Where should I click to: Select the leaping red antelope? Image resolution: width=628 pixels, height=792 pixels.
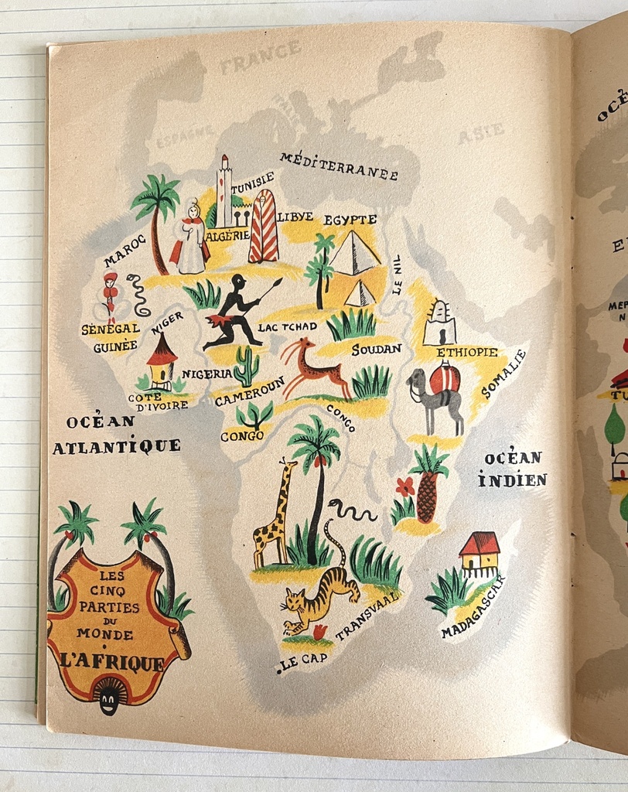click(x=313, y=368)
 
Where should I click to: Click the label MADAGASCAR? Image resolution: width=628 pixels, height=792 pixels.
click(x=473, y=608)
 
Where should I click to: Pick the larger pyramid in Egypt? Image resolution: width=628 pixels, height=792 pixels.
click(x=353, y=254)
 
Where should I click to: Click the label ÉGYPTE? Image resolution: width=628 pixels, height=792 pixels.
click(x=350, y=220)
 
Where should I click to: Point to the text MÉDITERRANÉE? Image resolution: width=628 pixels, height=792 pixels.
click(x=339, y=166)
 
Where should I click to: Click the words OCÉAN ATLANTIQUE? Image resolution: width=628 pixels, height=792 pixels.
click(x=116, y=435)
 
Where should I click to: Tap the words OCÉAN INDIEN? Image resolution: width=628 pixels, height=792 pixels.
click(x=512, y=469)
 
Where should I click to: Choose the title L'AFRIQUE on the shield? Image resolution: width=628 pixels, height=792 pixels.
click(x=113, y=663)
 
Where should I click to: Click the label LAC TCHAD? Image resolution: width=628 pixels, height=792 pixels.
click(x=288, y=327)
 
